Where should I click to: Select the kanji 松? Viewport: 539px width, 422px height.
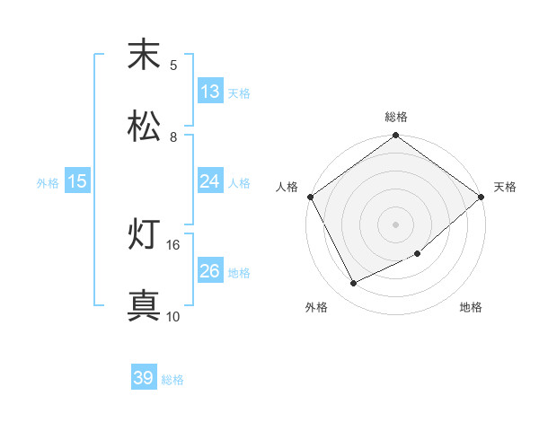click(144, 127)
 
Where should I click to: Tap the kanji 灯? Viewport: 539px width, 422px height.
click(144, 235)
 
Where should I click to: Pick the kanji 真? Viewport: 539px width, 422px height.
click(144, 306)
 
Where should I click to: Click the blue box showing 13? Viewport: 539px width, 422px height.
click(210, 92)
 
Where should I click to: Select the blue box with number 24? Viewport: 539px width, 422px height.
click(210, 181)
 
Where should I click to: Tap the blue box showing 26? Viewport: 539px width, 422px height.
click(210, 271)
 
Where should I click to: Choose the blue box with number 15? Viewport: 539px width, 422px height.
click(77, 181)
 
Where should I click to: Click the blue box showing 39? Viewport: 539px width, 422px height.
click(144, 378)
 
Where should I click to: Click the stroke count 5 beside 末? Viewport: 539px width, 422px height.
click(173, 65)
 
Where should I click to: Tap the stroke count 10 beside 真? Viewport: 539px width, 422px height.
click(173, 316)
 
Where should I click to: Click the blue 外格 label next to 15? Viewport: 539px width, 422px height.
click(48, 182)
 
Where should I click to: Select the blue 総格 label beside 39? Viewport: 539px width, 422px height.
click(172, 379)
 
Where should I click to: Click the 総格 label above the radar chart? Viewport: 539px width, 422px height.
click(396, 117)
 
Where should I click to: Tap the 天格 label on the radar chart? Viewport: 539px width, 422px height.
click(506, 187)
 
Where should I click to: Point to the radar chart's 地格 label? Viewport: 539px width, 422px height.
click(471, 308)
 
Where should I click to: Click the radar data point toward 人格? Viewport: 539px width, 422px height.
click(310, 197)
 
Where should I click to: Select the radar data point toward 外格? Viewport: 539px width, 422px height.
click(354, 284)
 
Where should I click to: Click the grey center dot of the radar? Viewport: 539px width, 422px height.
click(396, 224)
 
